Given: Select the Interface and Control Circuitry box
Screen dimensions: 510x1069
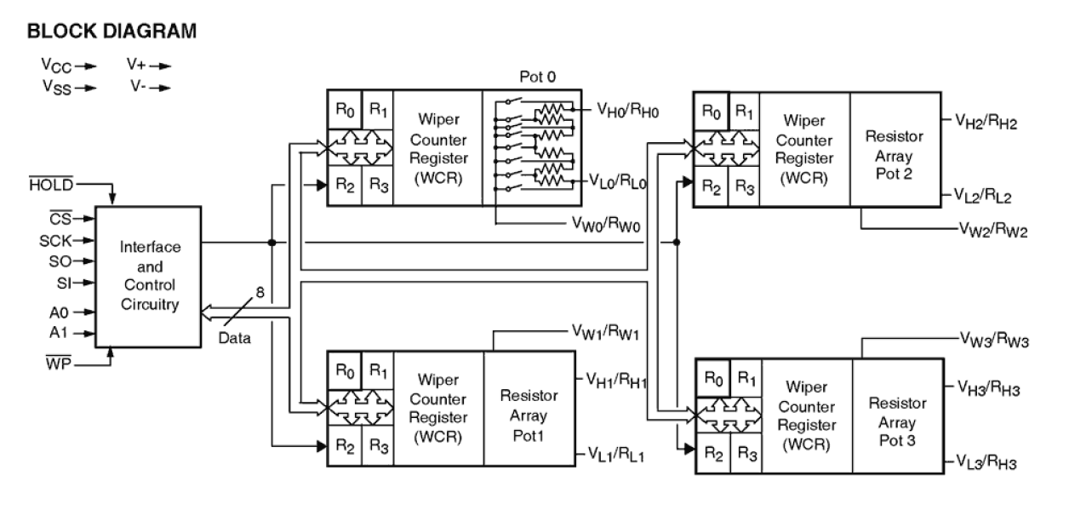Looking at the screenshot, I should pyautogui.click(x=149, y=275).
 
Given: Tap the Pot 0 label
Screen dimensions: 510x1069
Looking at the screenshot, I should pyautogui.click(x=538, y=77).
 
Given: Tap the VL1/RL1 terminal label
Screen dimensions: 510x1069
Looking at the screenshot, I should pyautogui.click(x=616, y=456).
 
